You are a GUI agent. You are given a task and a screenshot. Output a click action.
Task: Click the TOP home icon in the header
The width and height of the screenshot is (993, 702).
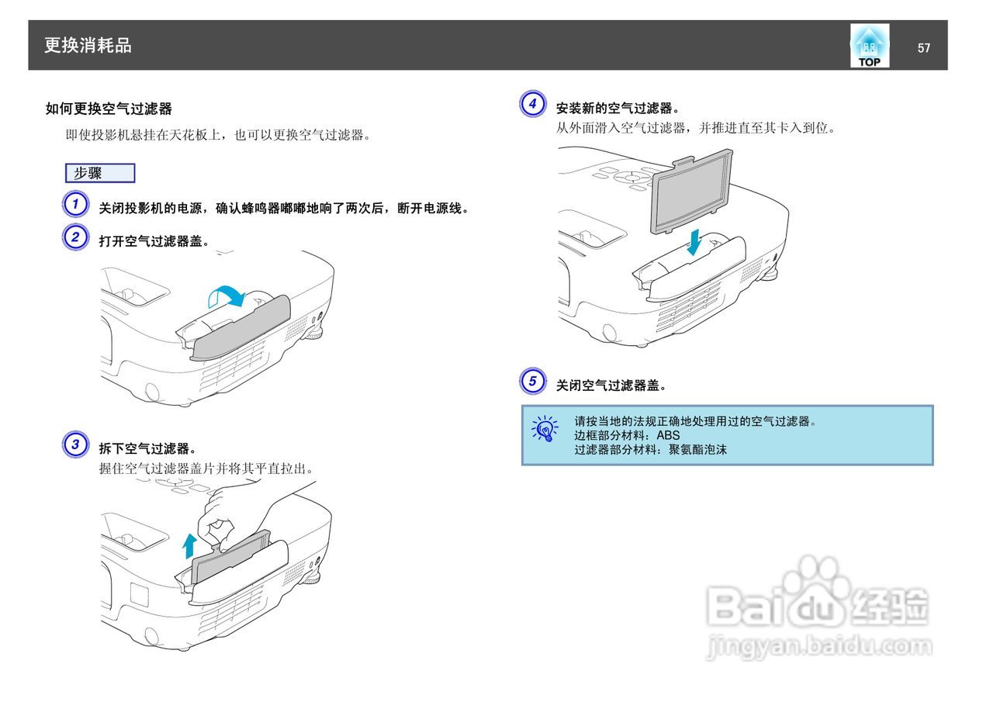(870, 46)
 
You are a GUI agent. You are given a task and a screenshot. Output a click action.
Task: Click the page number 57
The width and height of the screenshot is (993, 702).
(923, 48)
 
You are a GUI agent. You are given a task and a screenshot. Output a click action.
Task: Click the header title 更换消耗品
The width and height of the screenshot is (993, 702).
(88, 46)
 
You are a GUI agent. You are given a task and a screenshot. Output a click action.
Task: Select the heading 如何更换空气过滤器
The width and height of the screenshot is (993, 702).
(109, 109)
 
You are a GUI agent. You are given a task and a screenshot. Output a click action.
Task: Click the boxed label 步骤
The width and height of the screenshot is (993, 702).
(100, 173)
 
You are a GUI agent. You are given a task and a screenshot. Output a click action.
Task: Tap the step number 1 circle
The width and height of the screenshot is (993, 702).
(74, 206)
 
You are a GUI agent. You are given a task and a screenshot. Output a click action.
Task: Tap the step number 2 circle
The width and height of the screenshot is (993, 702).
(74, 237)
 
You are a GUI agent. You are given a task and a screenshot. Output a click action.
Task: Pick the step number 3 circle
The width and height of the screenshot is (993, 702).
(74, 444)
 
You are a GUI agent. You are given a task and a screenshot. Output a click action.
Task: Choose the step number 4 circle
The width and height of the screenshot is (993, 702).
(532, 104)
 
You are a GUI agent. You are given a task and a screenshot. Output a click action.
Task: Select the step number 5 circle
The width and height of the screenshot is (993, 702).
(532, 381)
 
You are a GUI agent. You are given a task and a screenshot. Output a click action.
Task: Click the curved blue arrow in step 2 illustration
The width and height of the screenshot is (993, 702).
(228, 296)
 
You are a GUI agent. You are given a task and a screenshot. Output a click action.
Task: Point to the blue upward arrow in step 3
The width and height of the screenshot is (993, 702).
(189, 545)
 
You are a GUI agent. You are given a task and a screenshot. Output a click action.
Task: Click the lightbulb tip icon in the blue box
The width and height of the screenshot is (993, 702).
(545, 427)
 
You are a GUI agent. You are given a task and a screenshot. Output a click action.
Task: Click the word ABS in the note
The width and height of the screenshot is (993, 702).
(668, 435)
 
